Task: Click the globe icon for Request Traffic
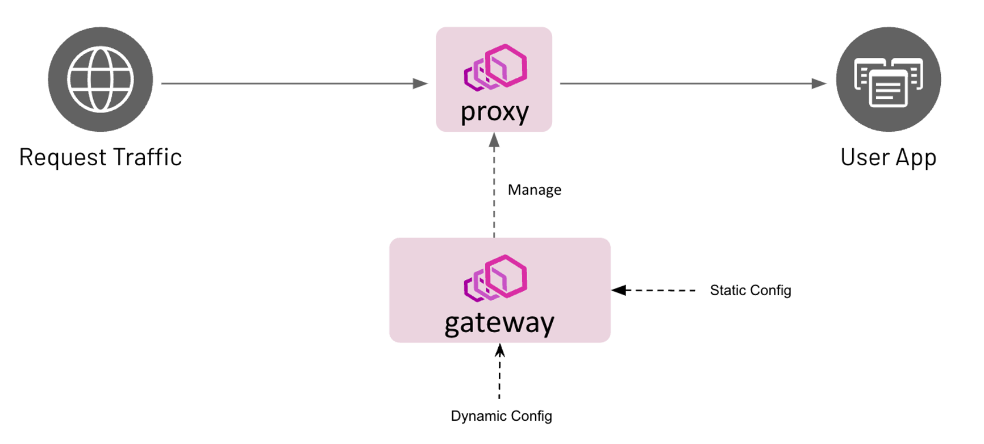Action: click(100, 79)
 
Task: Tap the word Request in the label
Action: click(62, 158)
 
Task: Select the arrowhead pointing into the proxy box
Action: click(421, 83)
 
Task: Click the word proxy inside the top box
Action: click(494, 112)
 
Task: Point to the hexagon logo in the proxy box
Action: click(495, 68)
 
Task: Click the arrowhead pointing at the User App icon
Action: click(819, 83)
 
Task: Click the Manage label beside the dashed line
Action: click(534, 190)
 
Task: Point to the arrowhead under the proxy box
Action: click(494, 140)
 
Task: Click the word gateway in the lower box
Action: click(499, 323)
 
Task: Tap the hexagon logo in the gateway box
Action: click(495, 278)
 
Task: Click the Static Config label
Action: click(750, 290)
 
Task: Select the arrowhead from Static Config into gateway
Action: click(619, 290)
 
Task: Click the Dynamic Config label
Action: click(501, 416)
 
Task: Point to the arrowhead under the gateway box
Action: click(500, 350)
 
